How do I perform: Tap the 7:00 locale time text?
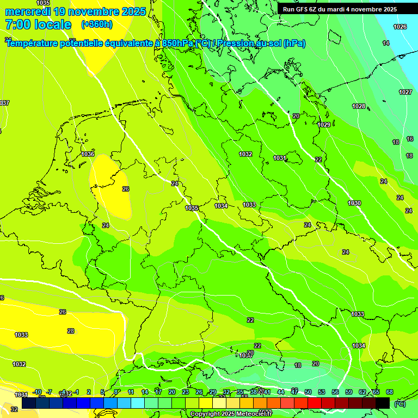pos(38,24)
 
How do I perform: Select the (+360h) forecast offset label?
pos(97,24)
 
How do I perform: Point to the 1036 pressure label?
pos(88,154)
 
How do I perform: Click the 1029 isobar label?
pos(324,125)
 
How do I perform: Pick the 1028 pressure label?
pos(359,106)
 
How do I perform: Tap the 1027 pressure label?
pos(405,92)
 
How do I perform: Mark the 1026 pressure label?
pos(399,27)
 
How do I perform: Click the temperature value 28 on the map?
pos(71,331)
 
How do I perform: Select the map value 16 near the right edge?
pos(410,139)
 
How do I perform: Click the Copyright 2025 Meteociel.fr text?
pos(231,414)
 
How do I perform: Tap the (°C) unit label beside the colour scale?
pos(399,404)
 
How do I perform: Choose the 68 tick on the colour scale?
pos(389,392)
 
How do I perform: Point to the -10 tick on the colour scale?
pos(37,392)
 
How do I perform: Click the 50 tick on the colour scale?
pos(308,392)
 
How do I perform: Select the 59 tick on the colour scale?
pos(348,392)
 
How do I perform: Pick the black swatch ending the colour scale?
pos(383,403)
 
